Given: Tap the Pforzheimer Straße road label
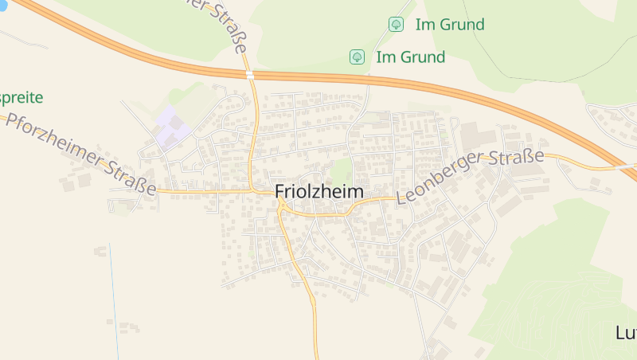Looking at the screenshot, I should click(80, 155).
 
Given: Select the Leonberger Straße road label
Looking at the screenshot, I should click(470, 176).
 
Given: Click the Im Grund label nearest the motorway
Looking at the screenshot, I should click(410, 57).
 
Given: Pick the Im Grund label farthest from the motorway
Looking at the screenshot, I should click(449, 25).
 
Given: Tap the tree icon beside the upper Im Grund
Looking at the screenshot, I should click(396, 25).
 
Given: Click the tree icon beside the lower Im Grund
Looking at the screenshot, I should click(358, 57).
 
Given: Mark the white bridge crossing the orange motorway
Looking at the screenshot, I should click(250, 74).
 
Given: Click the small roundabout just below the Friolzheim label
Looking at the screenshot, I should click(283, 209).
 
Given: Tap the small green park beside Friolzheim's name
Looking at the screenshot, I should click(341, 170).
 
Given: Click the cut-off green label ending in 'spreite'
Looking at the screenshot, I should click(21, 98).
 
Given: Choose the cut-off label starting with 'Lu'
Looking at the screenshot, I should click(626, 332).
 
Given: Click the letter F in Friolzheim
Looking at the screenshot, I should click(280, 192).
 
